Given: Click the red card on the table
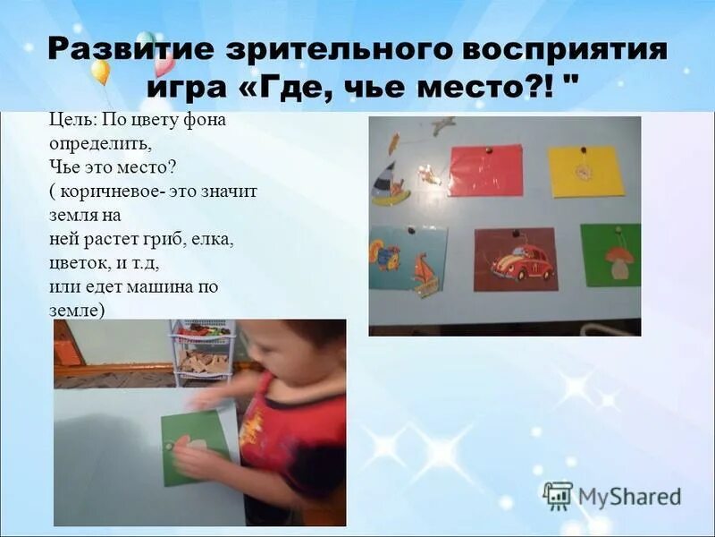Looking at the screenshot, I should [485, 170].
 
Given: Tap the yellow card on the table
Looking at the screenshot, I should [585, 171].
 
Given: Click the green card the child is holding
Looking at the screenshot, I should [195, 447].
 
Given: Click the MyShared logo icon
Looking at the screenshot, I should [557, 495].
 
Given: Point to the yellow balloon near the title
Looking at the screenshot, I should [100, 71].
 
